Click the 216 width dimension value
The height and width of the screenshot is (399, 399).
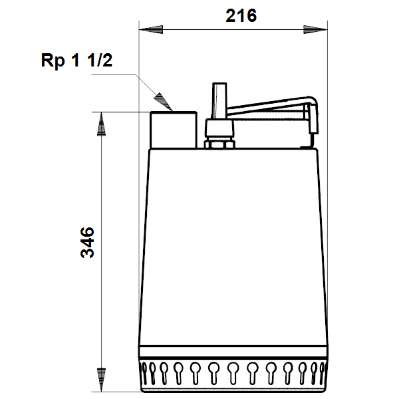tap(241, 16)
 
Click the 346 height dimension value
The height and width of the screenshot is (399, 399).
tap(87, 243)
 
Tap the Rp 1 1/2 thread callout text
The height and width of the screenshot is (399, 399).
tap(76, 61)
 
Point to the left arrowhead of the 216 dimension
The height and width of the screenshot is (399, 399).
tap(151, 29)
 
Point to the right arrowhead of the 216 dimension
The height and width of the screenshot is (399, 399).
tap(315, 29)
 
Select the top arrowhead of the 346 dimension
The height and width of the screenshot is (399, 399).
tap(102, 124)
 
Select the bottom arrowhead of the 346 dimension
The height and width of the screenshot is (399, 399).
tap(102, 380)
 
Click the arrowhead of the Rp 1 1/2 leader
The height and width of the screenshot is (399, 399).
tap(164, 102)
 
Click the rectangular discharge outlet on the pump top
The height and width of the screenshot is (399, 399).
tap(174, 130)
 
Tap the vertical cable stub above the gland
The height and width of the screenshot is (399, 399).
tap(219, 101)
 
